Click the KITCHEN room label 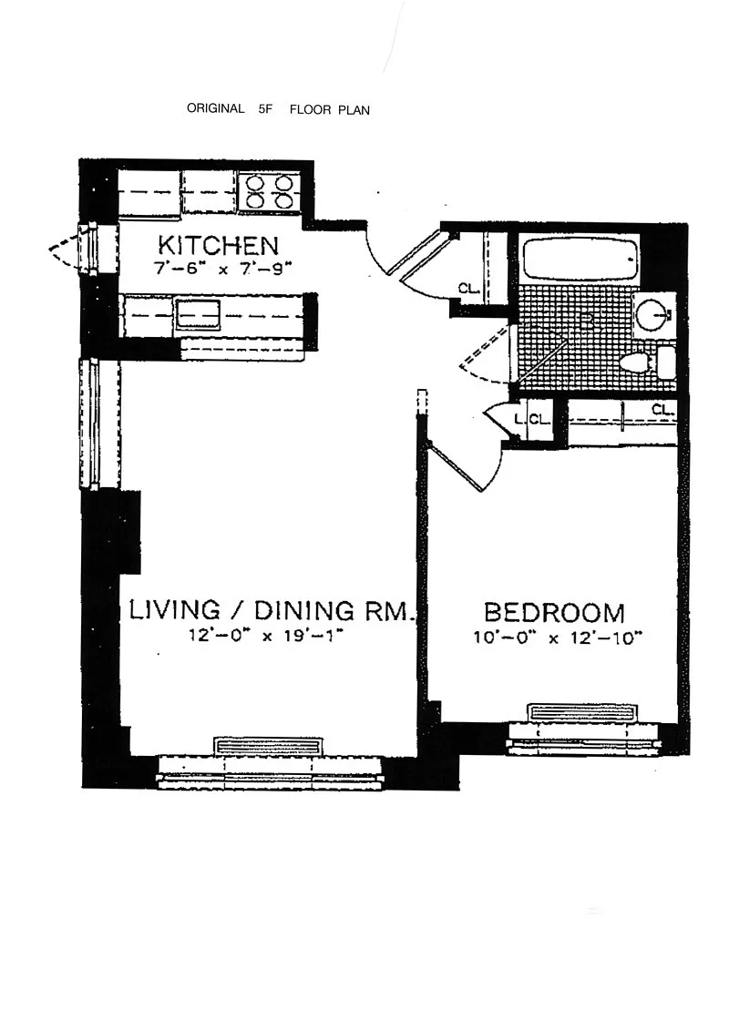click(218, 245)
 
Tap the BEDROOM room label click(554, 612)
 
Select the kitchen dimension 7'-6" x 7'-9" click(219, 269)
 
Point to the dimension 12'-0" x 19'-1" click(265, 636)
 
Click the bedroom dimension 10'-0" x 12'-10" click(559, 638)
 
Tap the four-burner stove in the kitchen click(268, 191)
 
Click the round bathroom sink click(652, 314)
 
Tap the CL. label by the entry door click(469, 289)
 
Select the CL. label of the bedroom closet click(662, 409)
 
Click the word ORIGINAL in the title click(215, 108)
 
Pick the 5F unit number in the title click(265, 109)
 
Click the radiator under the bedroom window click(583, 713)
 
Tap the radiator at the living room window click(268, 746)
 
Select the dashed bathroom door click(485, 354)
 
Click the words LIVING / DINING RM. click(270, 610)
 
